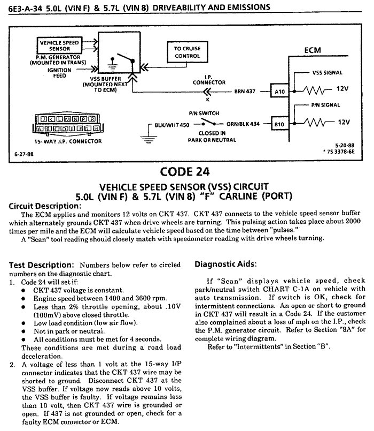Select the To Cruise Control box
[187, 52]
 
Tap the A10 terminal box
[280, 92]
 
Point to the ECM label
[313, 51]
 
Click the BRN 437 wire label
[246, 92]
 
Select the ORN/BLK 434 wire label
[243, 124]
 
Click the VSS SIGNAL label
[326, 73]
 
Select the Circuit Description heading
[45, 206]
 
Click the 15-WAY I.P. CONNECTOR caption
[60, 141]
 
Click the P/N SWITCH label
[200, 114]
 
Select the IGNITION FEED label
[59, 72]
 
